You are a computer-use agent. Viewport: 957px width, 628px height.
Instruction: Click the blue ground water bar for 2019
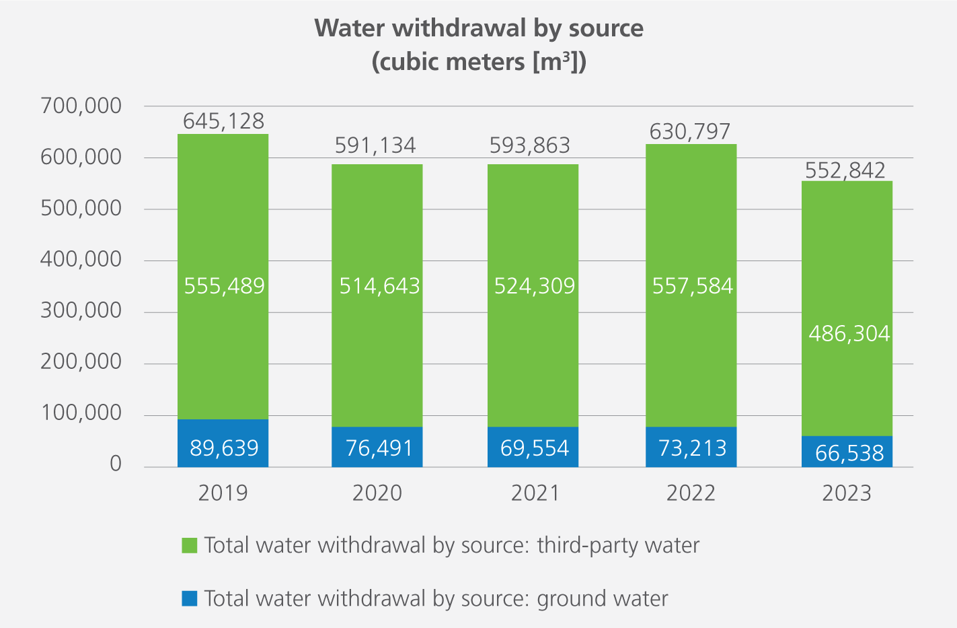coord(223,443)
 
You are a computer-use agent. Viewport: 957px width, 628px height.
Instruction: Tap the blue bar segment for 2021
coord(533,447)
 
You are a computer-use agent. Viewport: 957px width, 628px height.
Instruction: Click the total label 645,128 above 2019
coord(224,121)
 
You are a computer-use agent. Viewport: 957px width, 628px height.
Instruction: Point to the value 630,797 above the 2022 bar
coord(690,131)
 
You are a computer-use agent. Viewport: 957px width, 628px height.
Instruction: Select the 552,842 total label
coord(845,170)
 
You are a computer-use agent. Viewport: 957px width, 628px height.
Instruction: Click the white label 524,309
coord(535,286)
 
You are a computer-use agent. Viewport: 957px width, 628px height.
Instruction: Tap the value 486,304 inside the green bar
coord(849,333)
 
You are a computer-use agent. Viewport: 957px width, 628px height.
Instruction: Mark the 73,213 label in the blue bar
coord(692,448)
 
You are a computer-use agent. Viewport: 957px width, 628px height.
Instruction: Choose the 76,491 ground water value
coord(379,448)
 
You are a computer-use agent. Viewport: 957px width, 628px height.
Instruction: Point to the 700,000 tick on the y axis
coord(81,106)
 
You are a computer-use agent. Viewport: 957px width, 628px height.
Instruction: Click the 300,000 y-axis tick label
coord(81,310)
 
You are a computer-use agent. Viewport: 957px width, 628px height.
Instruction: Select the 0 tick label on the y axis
coord(116,464)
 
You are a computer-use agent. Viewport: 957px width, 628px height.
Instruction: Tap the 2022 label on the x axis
coord(691,493)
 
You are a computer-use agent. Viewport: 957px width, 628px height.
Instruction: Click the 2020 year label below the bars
coord(377,493)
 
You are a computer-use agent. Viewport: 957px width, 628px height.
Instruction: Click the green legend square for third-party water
coord(190,545)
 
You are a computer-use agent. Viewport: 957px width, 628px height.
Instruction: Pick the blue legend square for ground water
coord(190,598)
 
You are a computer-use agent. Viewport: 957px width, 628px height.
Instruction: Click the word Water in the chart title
coord(350,28)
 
